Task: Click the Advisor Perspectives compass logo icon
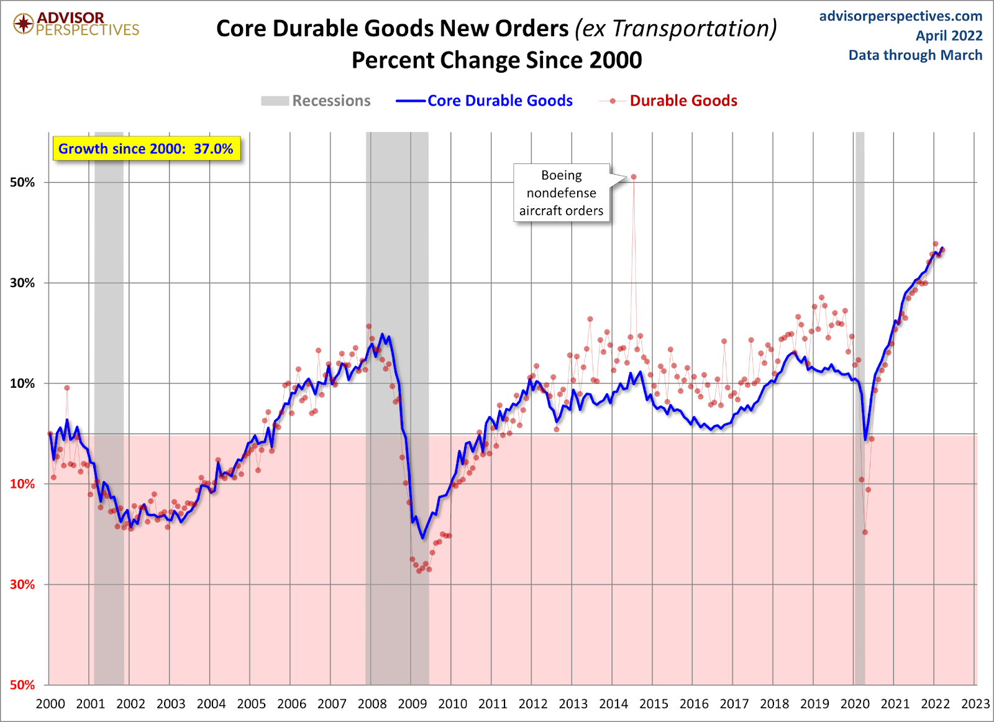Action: tap(24, 24)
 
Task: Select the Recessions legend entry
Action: tap(316, 101)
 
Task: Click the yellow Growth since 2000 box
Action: tap(146, 149)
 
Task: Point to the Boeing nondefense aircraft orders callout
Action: tap(561, 193)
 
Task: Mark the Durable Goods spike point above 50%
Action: tap(634, 177)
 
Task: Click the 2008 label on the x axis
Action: tap(372, 704)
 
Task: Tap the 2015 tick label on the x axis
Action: tap(654, 704)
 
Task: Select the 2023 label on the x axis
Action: tap(975, 704)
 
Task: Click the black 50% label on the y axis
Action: tap(22, 183)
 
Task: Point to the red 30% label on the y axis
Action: tap(22, 585)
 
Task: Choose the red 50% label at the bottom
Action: tap(22, 685)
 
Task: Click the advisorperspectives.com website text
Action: tap(900, 16)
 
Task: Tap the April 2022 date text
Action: tap(949, 36)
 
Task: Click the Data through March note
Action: tap(915, 55)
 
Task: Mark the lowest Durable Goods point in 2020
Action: tap(865, 532)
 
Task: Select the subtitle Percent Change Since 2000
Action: tap(496, 60)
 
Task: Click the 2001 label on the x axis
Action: tap(91, 704)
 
